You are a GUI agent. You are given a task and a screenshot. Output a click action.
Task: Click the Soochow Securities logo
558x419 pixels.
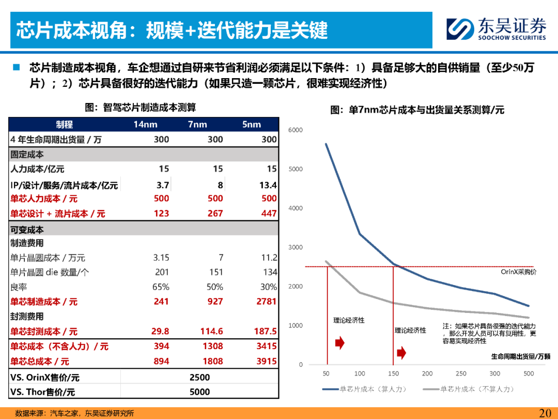[496, 29]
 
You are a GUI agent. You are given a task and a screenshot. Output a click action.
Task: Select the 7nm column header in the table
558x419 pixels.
[197, 124]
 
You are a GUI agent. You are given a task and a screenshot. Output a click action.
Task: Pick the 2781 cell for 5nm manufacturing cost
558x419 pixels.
[267, 301]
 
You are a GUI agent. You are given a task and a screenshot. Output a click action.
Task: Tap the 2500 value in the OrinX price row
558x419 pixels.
[199, 377]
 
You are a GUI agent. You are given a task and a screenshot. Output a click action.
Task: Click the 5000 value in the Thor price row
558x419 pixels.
[199, 392]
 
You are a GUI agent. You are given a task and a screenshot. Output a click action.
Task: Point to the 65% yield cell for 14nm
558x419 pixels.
[161, 287]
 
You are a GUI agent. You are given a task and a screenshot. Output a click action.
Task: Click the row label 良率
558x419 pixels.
[19, 287]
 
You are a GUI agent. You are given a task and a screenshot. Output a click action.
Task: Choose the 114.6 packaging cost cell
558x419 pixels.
[211, 331]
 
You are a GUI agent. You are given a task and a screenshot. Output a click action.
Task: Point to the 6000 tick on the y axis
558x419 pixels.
[296, 130]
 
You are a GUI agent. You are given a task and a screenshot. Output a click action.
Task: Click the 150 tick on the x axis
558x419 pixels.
[394, 373]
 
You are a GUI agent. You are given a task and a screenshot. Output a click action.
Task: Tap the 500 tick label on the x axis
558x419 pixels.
[529, 373]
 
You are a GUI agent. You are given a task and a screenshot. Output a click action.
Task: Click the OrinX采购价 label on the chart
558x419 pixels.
[519, 272]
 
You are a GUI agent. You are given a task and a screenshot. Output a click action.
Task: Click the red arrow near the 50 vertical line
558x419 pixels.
[340, 343]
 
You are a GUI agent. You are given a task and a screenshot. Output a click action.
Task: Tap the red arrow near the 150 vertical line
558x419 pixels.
[401, 353]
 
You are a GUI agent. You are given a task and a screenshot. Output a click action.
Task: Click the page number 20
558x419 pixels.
[545, 413]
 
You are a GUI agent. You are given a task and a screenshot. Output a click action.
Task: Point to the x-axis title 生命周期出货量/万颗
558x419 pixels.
[520, 356]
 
